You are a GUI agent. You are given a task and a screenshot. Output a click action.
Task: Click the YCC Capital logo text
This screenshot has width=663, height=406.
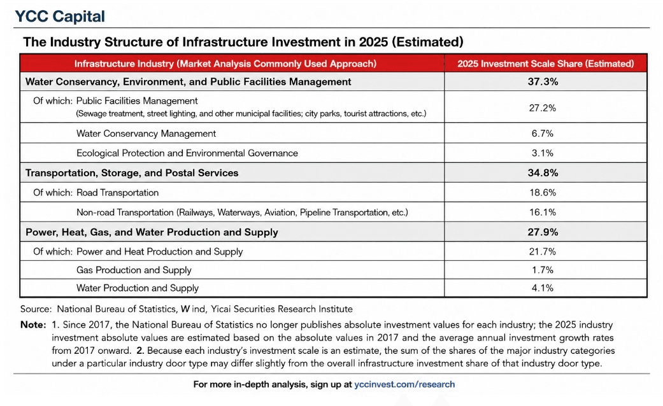pos(60,16)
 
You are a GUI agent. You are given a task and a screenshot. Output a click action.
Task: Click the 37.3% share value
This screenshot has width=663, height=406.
pos(543,81)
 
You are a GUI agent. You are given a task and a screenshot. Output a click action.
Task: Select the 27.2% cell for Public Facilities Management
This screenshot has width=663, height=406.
pos(543,108)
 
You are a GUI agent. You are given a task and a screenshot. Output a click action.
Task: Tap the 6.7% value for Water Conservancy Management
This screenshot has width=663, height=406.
pos(543,134)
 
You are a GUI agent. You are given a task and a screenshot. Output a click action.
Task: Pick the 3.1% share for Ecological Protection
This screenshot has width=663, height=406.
pos(543,153)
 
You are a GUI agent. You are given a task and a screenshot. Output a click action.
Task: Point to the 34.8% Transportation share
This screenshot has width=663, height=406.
pos(543,173)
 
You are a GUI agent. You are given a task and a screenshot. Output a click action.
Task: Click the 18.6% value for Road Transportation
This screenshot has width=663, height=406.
pos(543,193)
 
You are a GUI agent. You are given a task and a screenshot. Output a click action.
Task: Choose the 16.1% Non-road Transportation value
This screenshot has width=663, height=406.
pos(543,212)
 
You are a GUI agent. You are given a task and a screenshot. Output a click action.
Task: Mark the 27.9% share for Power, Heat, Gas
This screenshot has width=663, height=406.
pos(543,232)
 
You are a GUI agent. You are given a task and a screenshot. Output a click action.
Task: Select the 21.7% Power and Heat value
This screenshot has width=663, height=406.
pos(543,252)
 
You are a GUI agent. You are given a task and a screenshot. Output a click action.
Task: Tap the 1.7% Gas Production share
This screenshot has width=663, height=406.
pos(543,270)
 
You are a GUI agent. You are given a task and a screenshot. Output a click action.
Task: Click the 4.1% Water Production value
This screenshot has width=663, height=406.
pos(543,288)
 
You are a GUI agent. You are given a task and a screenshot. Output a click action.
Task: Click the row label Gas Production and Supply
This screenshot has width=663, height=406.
pos(134,270)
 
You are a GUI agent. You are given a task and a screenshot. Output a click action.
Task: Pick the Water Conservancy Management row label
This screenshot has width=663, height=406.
pos(146,134)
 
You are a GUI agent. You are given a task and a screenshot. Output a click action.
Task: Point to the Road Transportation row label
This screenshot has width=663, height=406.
pos(118,193)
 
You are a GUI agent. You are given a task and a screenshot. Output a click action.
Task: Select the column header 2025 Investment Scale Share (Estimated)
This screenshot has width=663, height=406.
pos(545,64)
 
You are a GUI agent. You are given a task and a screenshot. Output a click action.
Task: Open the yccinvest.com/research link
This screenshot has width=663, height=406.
pos(404,384)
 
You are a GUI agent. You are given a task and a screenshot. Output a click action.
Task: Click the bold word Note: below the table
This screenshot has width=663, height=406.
pos(33,325)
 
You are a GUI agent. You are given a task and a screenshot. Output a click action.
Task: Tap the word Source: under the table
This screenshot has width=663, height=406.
pos(36,309)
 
